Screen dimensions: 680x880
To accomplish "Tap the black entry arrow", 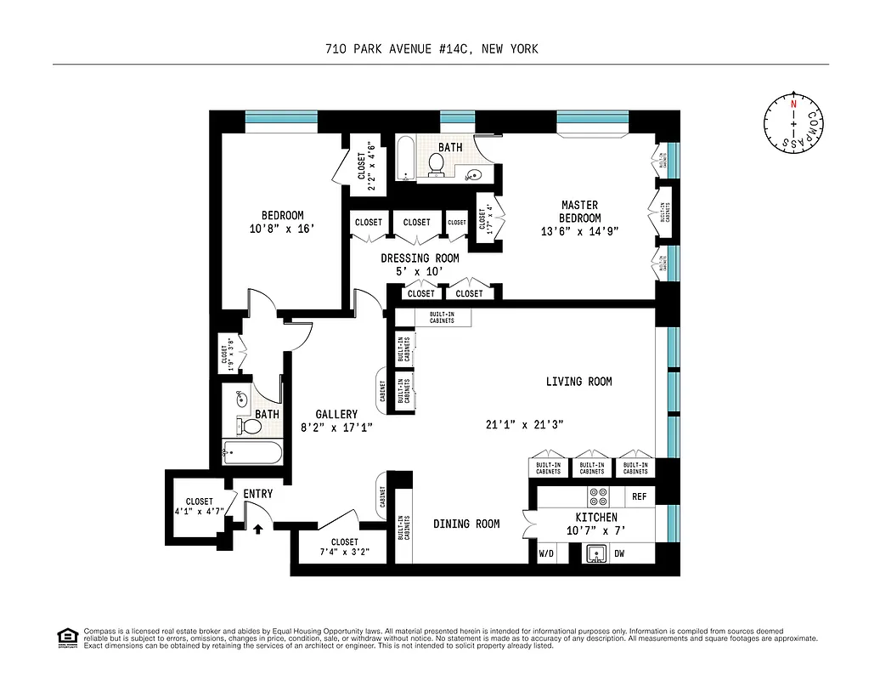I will pyautogui.click(x=258, y=528).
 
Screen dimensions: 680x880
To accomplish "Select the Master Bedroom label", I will pyautogui.click(x=579, y=212).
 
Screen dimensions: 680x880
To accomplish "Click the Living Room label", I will pyautogui.click(x=578, y=382).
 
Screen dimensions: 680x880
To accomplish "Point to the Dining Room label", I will pyautogui.click(x=466, y=524).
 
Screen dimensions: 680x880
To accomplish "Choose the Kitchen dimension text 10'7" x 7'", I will pyautogui.click(x=596, y=530).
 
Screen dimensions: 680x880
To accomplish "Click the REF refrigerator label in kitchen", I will pyautogui.click(x=639, y=495).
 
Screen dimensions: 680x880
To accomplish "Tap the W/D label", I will pyautogui.click(x=546, y=553).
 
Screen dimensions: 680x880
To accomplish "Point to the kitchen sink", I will pyautogui.click(x=597, y=553).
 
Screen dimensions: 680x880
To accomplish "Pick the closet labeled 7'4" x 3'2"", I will pyautogui.click(x=344, y=547).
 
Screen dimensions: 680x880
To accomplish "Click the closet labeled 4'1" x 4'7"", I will pyautogui.click(x=199, y=507).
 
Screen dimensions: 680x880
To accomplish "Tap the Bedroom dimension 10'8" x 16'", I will pyautogui.click(x=281, y=228).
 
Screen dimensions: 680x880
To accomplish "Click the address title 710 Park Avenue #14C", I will pyautogui.click(x=432, y=49).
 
